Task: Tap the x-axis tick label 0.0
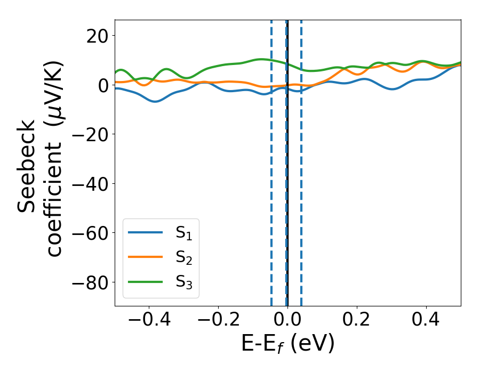287,320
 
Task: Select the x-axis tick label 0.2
357,320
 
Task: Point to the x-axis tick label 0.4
426,320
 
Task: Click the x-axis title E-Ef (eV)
288,344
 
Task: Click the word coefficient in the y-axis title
53,188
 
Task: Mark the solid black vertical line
287,186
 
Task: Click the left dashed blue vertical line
271,186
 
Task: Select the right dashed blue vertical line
301,186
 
